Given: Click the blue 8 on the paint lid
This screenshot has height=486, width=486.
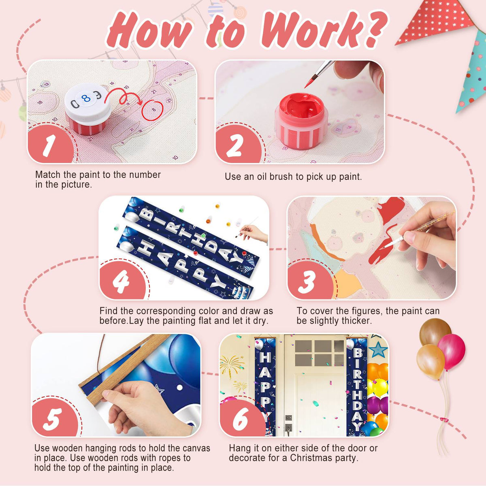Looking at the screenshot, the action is pyautogui.click(x=86, y=98).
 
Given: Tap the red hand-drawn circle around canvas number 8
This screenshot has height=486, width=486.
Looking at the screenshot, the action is pyautogui.click(x=152, y=110).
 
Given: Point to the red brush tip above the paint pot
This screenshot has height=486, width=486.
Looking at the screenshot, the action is pyautogui.click(x=309, y=82).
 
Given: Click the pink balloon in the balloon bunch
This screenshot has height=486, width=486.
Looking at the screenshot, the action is pyautogui.click(x=452, y=352).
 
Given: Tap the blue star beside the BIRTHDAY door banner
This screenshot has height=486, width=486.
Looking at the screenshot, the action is pyautogui.click(x=377, y=350).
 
